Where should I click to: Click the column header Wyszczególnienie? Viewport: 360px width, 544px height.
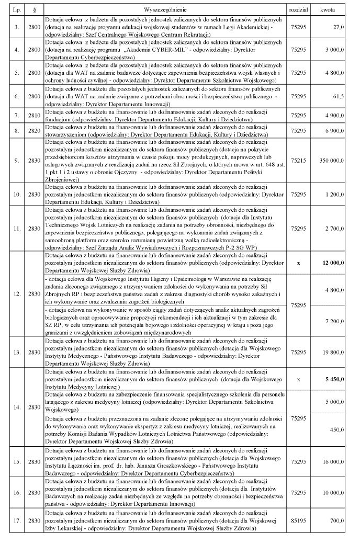click(164, 9)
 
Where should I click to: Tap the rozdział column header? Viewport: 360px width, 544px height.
click(299, 9)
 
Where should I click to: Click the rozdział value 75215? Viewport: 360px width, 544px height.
click(299, 159)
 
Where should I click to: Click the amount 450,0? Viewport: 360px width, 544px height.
click(336, 429)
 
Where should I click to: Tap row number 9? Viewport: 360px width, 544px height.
click(17, 159)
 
